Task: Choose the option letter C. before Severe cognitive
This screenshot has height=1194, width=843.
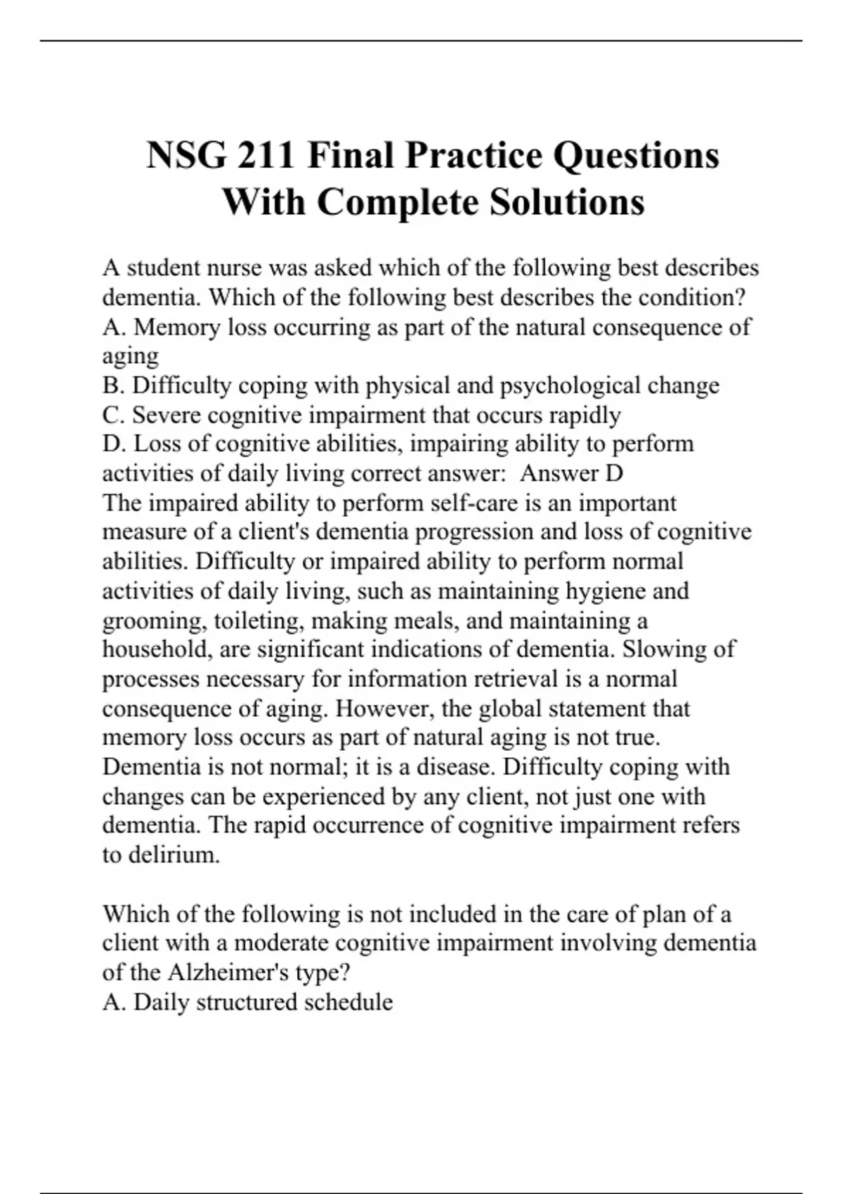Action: pyautogui.click(x=114, y=415)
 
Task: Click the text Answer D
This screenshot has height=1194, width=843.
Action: pyautogui.click(x=571, y=473)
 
